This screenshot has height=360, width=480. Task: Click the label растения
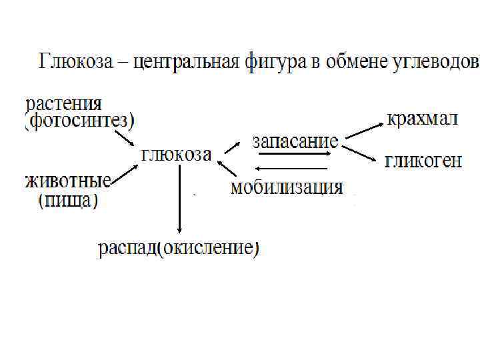(x=65, y=105)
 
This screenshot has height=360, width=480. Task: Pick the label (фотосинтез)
(x=80, y=121)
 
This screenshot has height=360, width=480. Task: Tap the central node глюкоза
(x=177, y=154)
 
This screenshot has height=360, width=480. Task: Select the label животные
(x=69, y=181)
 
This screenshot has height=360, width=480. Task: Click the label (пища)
(x=68, y=199)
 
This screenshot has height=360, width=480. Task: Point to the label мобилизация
(x=287, y=187)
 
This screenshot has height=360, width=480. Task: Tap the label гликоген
(x=423, y=162)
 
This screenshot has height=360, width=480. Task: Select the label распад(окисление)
(x=179, y=249)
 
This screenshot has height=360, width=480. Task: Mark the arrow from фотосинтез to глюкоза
(x=125, y=138)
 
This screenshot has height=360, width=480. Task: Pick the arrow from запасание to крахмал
(x=363, y=129)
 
